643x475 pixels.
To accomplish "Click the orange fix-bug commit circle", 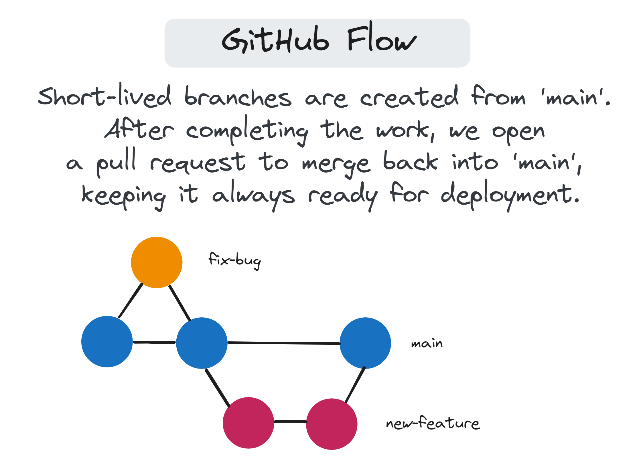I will click(157, 262).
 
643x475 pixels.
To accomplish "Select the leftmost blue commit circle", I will click(107, 342).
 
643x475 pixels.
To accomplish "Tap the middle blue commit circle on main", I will click(202, 343).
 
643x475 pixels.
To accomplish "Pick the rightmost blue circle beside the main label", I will click(365, 343).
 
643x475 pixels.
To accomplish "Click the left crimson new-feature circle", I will click(248, 423).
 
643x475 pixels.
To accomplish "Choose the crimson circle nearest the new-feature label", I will click(332, 424).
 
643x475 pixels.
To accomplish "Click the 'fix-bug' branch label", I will click(234, 260).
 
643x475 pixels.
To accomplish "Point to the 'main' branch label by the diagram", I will click(427, 344).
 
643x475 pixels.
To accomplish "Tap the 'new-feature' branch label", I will click(433, 423).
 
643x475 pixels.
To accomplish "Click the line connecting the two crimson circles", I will click(290, 422).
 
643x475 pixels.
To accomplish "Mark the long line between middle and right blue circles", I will click(284, 343).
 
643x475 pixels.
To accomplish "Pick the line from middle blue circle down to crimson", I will click(218, 389).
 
